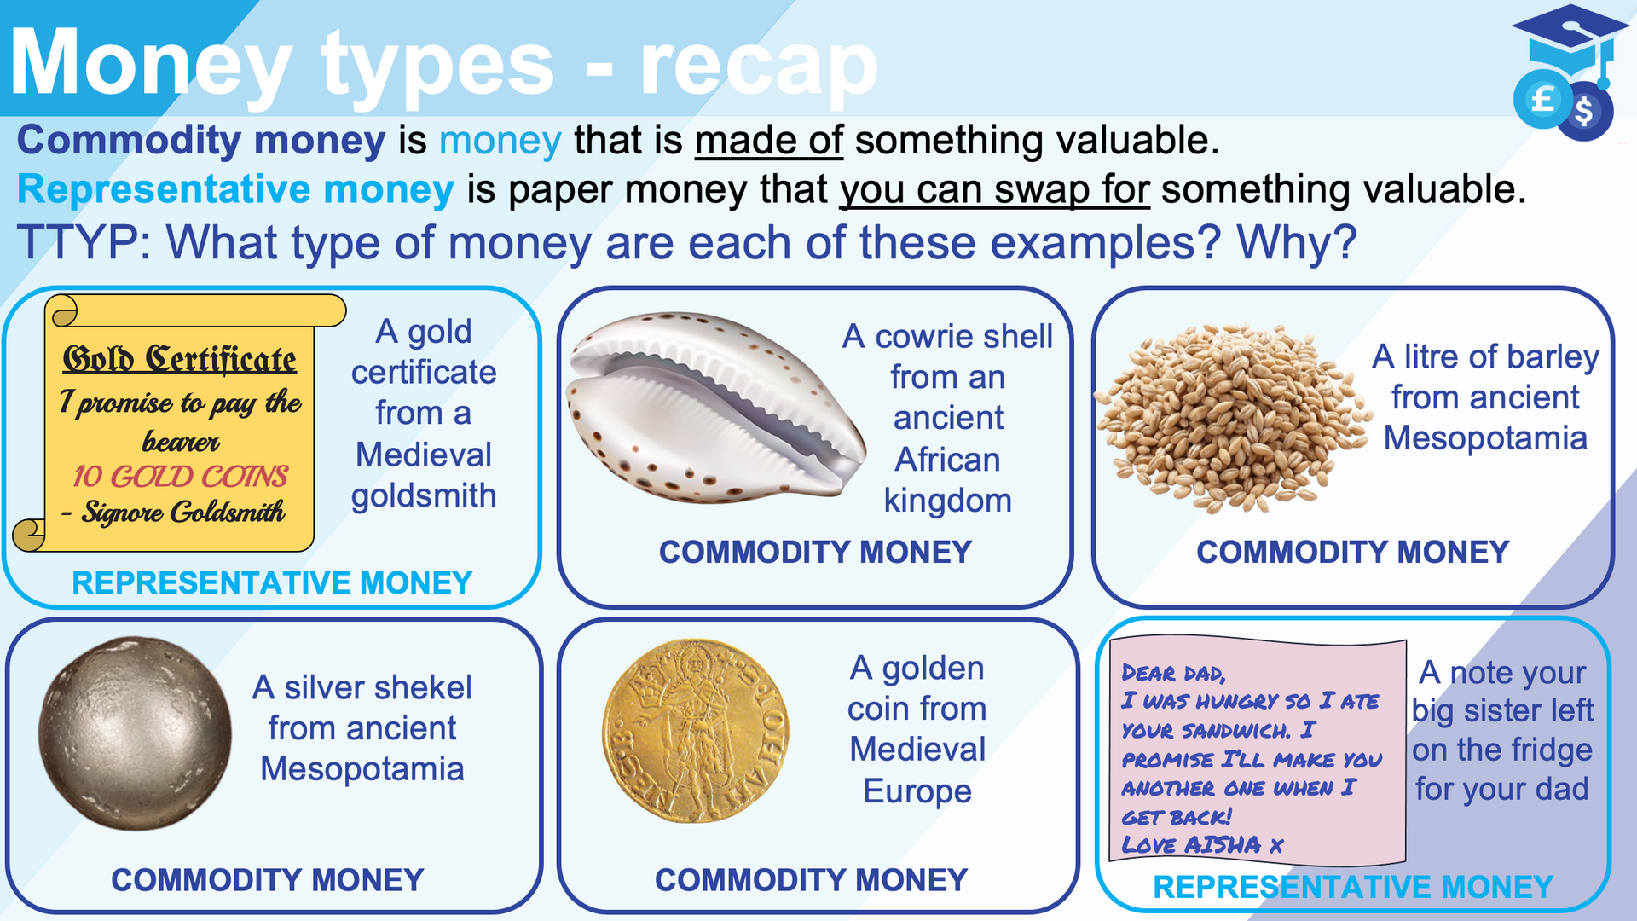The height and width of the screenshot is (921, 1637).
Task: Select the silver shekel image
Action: pos(135,733)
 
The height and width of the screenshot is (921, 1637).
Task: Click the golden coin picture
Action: pos(696,731)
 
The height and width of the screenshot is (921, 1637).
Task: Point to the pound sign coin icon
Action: pos(1542,100)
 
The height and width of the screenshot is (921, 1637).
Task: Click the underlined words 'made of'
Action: pos(768,141)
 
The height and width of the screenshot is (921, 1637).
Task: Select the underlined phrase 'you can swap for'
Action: pos(995,190)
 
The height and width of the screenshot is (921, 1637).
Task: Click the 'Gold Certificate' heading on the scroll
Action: pos(180,359)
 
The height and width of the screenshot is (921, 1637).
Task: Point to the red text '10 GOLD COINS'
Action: pos(180,476)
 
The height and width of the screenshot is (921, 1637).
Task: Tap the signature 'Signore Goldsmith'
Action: pos(182,513)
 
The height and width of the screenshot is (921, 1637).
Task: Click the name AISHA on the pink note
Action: pos(1223,844)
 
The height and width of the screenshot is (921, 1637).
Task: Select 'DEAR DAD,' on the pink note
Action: pos(1173,673)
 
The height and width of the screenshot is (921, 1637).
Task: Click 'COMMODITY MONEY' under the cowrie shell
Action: pos(815,552)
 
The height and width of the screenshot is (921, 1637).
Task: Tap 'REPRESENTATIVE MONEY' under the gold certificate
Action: pos(272,582)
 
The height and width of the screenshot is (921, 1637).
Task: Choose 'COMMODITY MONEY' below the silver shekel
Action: pos(267,879)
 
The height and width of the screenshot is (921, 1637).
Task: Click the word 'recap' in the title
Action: pos(759,67)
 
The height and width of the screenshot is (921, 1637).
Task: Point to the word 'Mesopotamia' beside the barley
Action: pos(1485,438)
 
